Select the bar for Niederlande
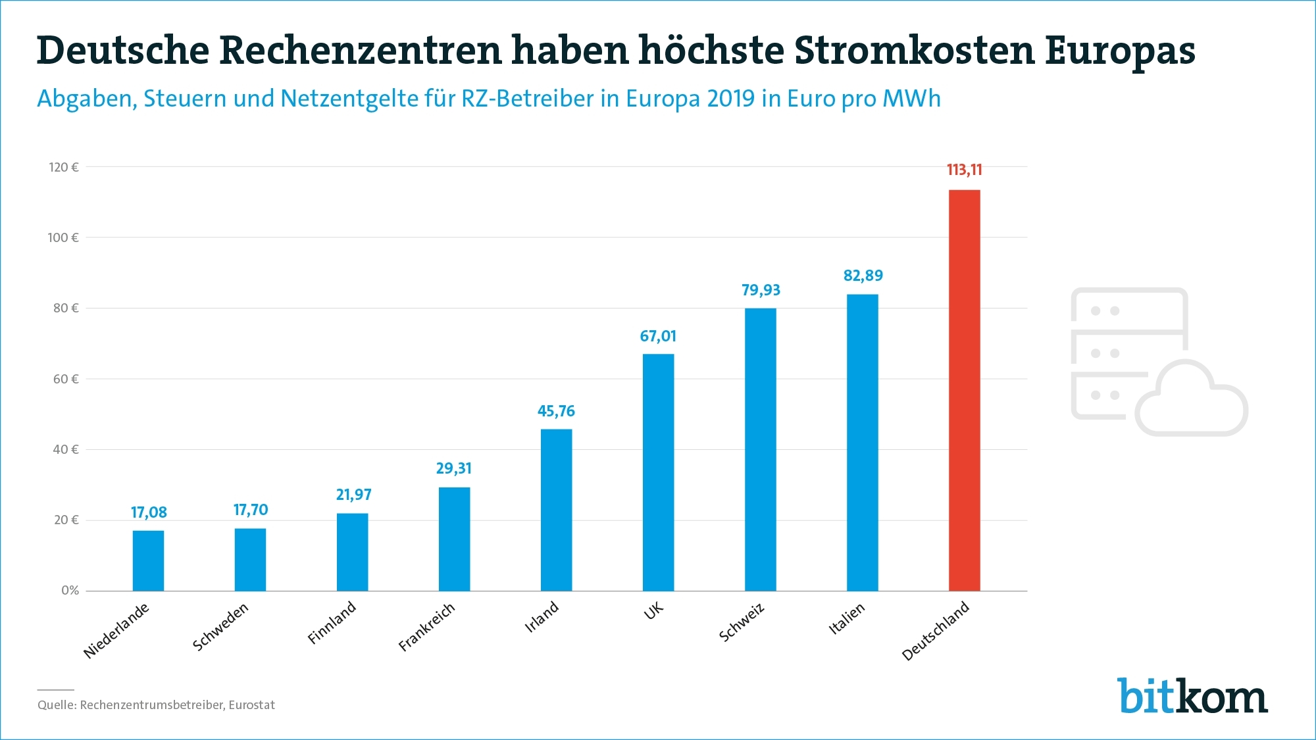click(x=148, y=560)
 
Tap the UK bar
click(x=658, y=472)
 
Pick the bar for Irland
click(x=556, y=510)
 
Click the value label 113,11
click(x=964, y=170)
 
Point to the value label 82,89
click(x=863, y=276)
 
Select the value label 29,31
click(x=454, y=468)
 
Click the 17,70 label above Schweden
click(x=251, y=510)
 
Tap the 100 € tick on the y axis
click(x=63, y=237)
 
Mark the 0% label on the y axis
click(x=70, y=591)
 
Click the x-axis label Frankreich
click(x=426, y=628)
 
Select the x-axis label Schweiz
click(x=742, y=622)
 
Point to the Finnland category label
click(x=332, y=622)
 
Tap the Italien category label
click(x=846, y=619)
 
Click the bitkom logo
click(x=1192, y=695)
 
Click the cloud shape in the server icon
click(x=1191, y=401)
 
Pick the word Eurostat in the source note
click(x=252, y=705)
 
